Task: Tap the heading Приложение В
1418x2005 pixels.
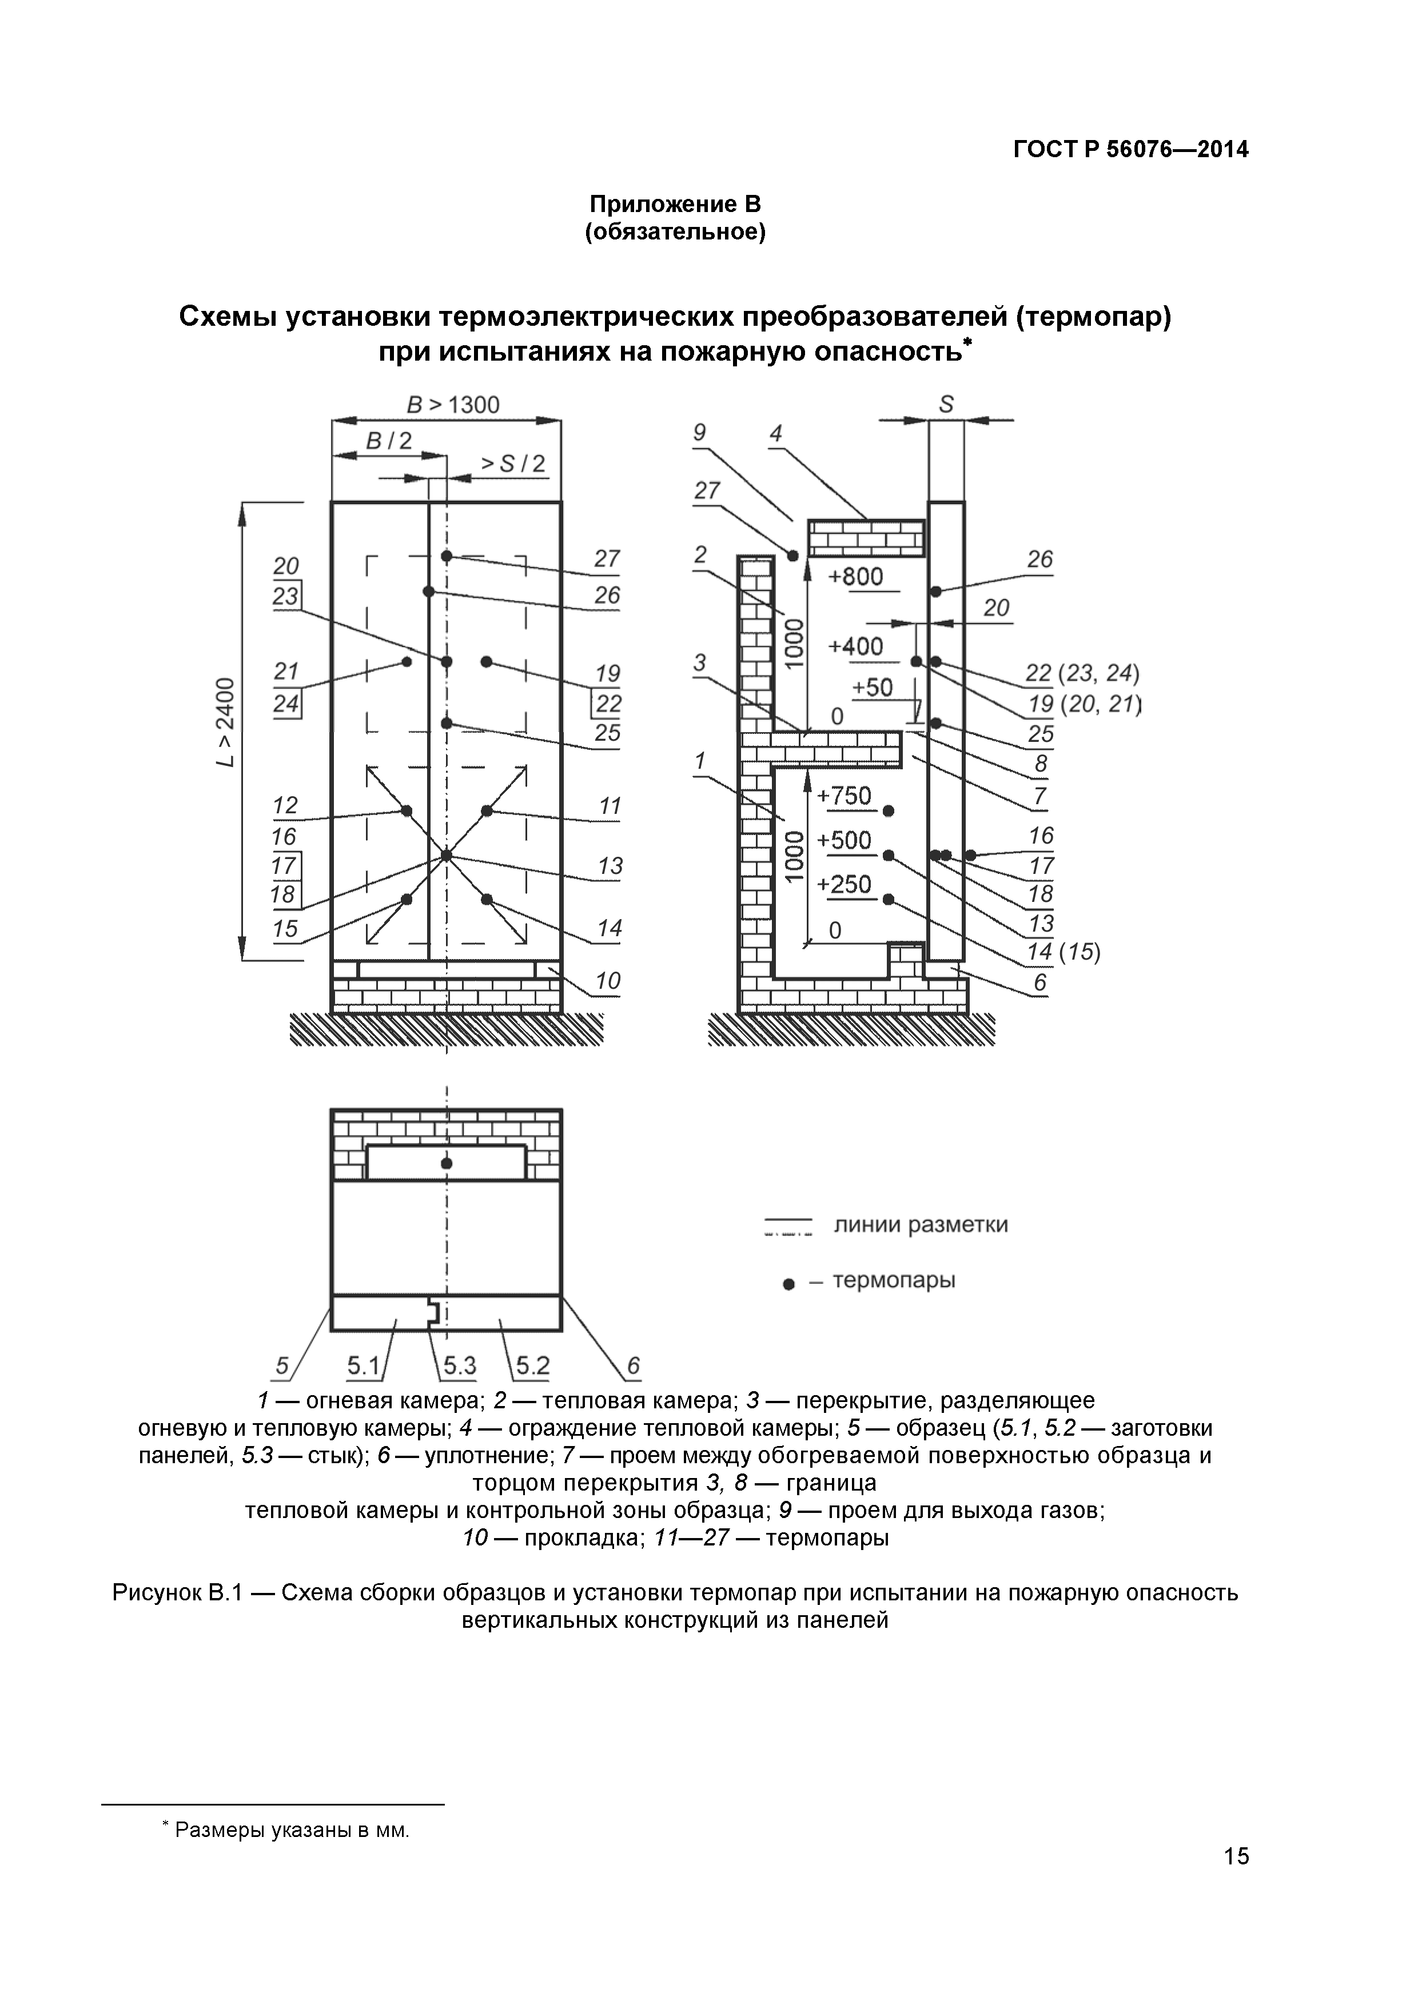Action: pyautogui.click(x=675, y=205)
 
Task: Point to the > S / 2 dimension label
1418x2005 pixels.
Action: pyautogui.click(x=513, y=464)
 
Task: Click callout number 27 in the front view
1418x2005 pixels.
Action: pyautogui.click(x=606, y=559)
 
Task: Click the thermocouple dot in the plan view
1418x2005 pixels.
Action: pyautogui.click(x=447, y=1163)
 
